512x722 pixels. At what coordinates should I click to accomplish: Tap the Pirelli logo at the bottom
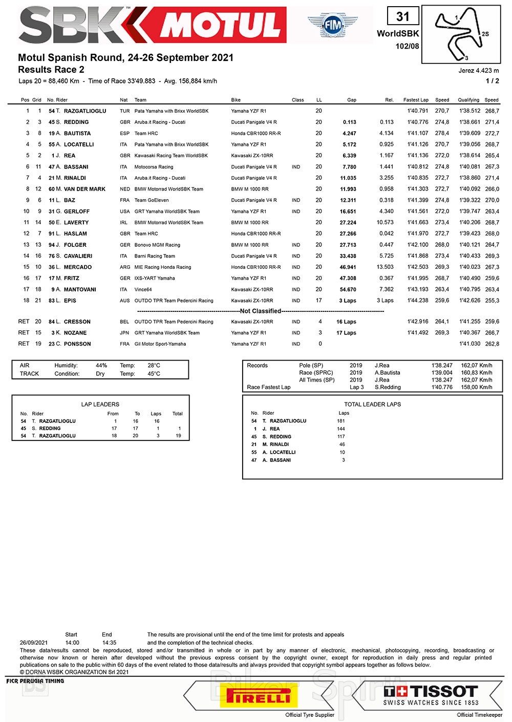point(259,697)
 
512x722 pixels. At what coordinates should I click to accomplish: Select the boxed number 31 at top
point(403,17)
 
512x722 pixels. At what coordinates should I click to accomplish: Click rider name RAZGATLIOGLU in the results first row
point(85,111)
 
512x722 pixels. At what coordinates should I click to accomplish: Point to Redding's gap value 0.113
point(350,122)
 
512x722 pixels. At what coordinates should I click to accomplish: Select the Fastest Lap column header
point(416,100)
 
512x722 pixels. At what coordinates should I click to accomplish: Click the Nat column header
point(124,100)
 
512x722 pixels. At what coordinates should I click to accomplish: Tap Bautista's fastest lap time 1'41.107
point(418,134)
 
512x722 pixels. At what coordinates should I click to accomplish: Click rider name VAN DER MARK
point(84,189)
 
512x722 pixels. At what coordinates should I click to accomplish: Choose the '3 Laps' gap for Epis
point(348,301)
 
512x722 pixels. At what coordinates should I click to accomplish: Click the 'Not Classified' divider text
point(261,311)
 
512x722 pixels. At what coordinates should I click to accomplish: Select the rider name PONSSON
point(77,344)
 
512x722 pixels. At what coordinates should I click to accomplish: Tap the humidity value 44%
point(101,366)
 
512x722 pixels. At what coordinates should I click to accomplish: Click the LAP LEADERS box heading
point(100,405)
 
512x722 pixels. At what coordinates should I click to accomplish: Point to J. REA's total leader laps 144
point(341,429)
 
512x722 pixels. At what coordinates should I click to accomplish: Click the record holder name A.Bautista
point(388,373)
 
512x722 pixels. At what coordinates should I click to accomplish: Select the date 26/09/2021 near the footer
point(34,643)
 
